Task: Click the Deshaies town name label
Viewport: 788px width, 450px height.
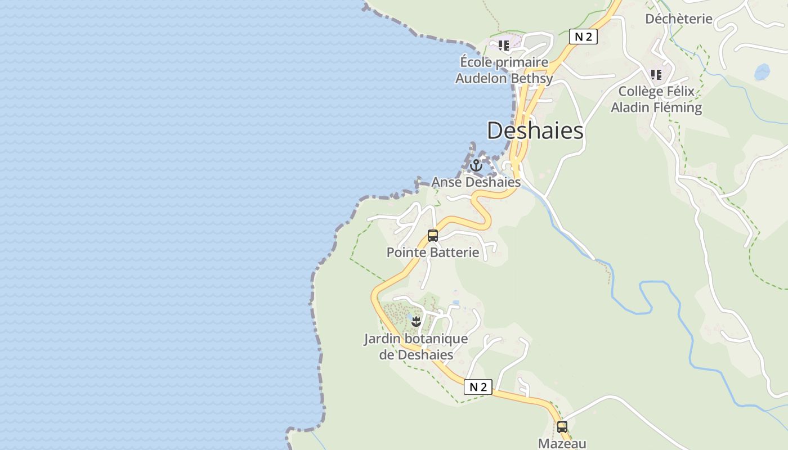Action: pos(535,130)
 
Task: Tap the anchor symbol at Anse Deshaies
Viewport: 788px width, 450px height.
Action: pos(476,165)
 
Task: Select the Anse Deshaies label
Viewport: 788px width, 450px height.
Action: pos(476,182)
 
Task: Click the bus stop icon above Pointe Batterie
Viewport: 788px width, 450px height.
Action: pos(432,236)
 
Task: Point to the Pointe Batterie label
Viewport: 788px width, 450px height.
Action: pos(432,252)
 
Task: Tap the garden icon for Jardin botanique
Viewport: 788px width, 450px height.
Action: pos(416,322)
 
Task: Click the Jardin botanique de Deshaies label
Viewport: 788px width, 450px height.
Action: pos(416,346)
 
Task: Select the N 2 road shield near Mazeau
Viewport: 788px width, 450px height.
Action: pos(478,387)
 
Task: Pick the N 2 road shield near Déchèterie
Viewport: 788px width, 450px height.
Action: pos(583,37)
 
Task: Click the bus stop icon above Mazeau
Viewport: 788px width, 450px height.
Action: pos(562,426)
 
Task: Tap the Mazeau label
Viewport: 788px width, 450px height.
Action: pos(562,443)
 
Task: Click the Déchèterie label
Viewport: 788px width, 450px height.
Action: pos(678,19)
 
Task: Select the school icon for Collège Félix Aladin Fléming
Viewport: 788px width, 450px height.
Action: pos(656,74)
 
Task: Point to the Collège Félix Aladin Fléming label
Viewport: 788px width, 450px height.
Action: pos(656,99)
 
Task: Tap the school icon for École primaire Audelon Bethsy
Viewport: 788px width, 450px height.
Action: pos(503,46)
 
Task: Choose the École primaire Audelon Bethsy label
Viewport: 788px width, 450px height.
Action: pos(504,70)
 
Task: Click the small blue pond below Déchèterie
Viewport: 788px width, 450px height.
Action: pos(762,72)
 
